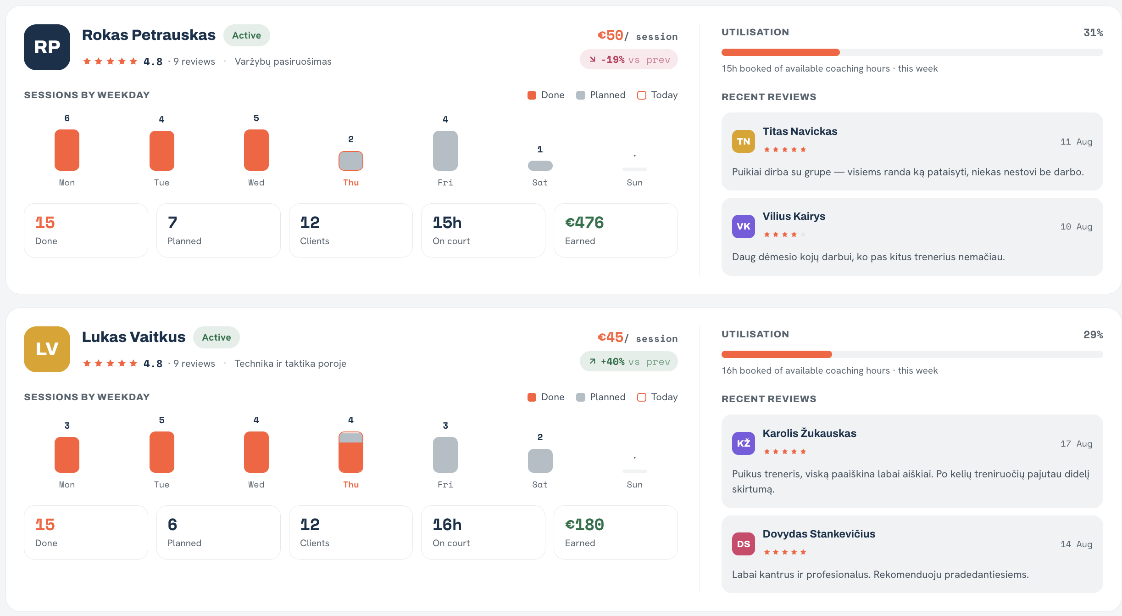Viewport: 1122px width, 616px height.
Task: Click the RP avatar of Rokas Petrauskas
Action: [x=47, y=47]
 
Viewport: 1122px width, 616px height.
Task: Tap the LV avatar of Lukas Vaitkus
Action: [x=47, y=349]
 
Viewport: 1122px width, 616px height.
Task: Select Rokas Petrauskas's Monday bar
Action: [x=67, y=150]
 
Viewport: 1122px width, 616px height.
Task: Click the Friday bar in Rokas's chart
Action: [x=445, y=151]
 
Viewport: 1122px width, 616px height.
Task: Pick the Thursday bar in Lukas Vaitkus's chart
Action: [x=351, y=452]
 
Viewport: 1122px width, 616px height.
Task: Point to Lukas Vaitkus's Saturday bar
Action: [x=540, y=461]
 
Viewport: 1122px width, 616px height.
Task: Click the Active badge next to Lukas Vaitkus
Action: [x=217, y=337]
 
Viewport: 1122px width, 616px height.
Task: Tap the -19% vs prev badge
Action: [x=629, y=60]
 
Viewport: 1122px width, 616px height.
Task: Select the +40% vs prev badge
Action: [x=629, y=362]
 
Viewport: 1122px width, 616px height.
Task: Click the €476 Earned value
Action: [x=584, y=223]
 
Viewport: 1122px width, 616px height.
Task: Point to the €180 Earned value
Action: [x=584, y=525]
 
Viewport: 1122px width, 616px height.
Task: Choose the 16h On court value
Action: [x=447, y=525]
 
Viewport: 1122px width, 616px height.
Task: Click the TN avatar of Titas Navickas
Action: [x=744, y=141]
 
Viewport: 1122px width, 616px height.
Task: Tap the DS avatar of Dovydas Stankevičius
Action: [x=744, y=544]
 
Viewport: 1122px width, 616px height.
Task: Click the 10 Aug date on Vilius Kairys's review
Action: [x=1076, y=227]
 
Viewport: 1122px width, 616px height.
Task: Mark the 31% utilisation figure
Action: [x=1093, y=33]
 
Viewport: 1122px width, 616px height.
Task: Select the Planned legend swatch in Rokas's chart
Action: [x=581, y=95]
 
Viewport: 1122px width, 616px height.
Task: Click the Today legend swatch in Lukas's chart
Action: [x=642, y=397]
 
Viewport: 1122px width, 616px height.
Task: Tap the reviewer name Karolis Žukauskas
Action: [x=810, y=433]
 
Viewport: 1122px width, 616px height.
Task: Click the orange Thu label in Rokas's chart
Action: [x=351, y=183]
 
